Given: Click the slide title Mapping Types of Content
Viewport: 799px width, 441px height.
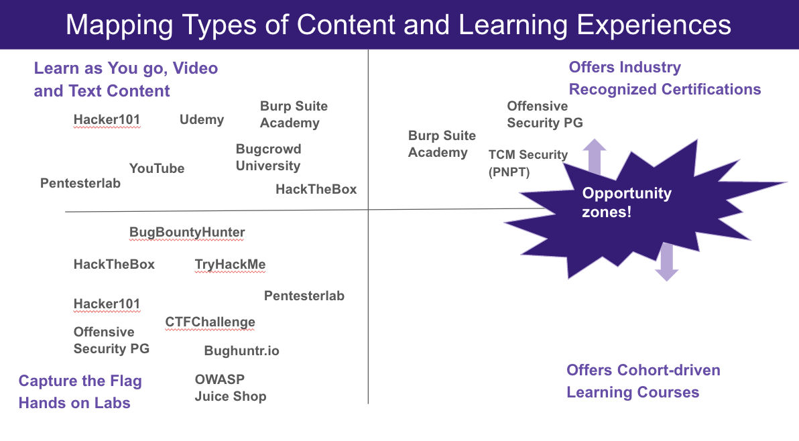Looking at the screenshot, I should tap(398, 25).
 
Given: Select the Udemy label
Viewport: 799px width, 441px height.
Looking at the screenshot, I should tap(202, 119).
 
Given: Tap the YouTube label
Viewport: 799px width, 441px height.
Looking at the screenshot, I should tap(157, 168).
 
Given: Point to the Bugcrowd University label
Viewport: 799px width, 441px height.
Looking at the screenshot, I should tap(268, 157).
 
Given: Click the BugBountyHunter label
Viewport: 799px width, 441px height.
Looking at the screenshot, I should tap(187, 233).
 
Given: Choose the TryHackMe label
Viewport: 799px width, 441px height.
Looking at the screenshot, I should tap(230, 264).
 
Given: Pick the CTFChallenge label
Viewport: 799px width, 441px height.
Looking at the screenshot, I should tap(210, 322).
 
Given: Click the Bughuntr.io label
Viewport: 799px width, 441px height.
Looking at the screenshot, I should tap(241, 351).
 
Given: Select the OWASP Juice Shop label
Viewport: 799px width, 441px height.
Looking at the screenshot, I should tap(230, 388).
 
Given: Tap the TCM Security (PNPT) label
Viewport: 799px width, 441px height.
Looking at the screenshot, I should tap(528, 164).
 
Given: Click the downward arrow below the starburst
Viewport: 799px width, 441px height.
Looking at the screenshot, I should tap(666, 263).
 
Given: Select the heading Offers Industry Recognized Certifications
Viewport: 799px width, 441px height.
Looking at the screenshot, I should tap(664, 78).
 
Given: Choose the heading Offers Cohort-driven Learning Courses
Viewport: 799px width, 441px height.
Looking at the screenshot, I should tap(643, 381).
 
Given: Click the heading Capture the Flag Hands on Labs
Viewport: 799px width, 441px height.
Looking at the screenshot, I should tap(80, 392).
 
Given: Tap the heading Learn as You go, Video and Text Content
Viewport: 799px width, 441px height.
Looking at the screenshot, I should tap(125, 79).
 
